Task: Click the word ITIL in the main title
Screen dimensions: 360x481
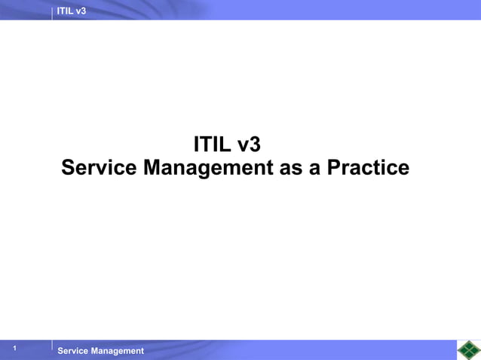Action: tap(213, 144)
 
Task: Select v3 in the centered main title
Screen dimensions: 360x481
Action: tap(249, 144)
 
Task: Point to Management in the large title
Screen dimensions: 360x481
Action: tap(208, 167)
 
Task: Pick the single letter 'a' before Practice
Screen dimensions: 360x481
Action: tap(315, 167)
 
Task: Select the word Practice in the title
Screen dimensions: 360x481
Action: tap(368, 167)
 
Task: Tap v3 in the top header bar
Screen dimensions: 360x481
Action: tap(81, 10)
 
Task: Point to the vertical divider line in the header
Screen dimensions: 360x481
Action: tap(52, 11)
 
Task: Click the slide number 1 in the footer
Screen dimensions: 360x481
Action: tap(14, 349)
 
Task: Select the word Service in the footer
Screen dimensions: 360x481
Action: tap(73, 351)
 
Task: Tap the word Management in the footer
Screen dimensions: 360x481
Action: tap(118, 351)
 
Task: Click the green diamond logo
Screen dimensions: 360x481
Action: tap(468, 350)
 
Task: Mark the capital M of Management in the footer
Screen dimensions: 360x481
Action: tap(95, 351)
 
